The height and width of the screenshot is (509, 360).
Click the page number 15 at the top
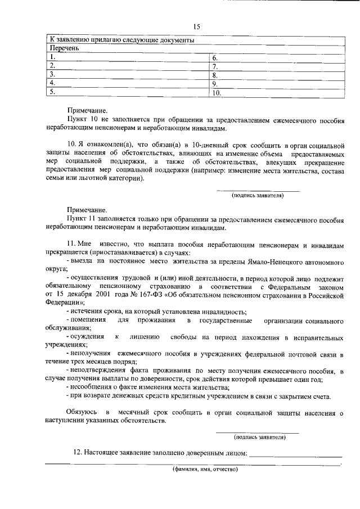[196, 26]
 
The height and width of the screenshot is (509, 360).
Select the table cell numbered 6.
[276, 57]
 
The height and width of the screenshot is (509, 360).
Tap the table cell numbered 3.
[127, 74]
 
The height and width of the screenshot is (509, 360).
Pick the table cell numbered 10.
[276, 92]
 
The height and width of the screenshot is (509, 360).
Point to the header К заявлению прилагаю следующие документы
[122, 40]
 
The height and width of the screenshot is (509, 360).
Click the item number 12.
[79, 452]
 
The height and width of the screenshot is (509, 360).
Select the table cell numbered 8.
[276, 74]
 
